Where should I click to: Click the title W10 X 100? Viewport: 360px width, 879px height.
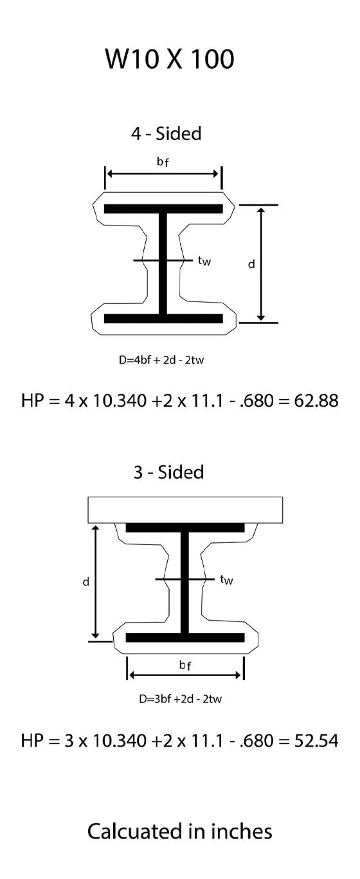pyautogui.click(x=170, y=59)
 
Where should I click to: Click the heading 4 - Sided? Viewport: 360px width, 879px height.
pyautogui.click(x=166, y=134)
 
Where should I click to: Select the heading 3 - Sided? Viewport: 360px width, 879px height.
pyautogui.click(x=168, y=472)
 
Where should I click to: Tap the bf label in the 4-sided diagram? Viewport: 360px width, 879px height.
pyautogui.click(x=163, y=162)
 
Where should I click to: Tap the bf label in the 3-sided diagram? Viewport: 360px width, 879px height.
pyautogui.click(x=185, y=666)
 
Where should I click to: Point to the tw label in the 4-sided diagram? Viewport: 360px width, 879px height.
pyautogui.click(x=204, y=261)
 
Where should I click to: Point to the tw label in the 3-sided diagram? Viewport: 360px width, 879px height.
pyautogui.click(x=226, y=580)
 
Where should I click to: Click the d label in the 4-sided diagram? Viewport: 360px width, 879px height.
pyautogui.click(x=251, y=264)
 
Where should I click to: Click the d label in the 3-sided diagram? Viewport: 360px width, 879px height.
pyautogui.click(x=85, y=582)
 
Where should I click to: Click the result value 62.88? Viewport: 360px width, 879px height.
pyautogui.click(x=316, y=401)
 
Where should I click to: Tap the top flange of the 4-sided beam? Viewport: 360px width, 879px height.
pyautogui.click(x=163, y=209)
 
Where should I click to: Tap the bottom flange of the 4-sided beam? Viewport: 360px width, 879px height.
pyautogui.click(x=163, y=319)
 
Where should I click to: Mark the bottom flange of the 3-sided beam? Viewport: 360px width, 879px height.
pyautogui.click(x=185, y=637)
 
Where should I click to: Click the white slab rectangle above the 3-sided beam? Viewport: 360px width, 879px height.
pyautogui.click(x=185, y=509)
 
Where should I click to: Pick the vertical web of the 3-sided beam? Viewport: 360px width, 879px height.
pyautogui.click(x=185, y=582)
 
